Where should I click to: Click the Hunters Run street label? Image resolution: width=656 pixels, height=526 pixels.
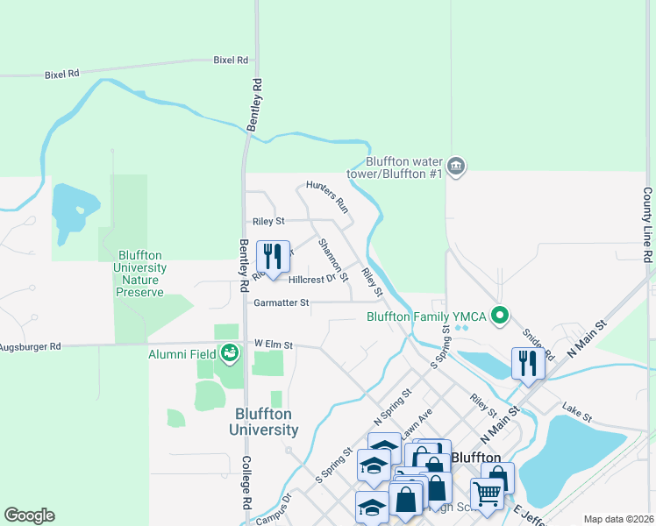click(327, 197)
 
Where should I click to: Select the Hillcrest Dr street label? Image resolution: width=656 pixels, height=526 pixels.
click(312, 280)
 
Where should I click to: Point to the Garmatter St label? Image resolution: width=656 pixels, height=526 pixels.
click(282, 303)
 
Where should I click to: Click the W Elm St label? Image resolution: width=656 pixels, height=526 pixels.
click(273, 345)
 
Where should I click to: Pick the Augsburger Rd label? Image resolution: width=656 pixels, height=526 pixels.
click(31, 347)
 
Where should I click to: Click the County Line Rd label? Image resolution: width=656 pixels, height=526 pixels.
click(647, 225)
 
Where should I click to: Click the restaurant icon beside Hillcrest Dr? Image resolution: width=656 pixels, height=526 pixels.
click(273, 256)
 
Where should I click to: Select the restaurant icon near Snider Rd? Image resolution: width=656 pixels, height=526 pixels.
click(528, 363)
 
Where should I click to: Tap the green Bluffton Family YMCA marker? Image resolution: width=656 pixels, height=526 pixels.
click(501, 314)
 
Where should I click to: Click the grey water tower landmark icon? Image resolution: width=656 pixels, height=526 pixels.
click(456, 166)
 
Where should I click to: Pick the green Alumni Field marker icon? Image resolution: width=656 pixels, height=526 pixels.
click(230, 353)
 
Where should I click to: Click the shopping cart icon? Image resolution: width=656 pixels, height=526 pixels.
click(486, 493)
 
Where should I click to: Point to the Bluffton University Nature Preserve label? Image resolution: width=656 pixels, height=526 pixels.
click(139, 274)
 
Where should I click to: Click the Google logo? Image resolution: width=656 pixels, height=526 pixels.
click(29, 515)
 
